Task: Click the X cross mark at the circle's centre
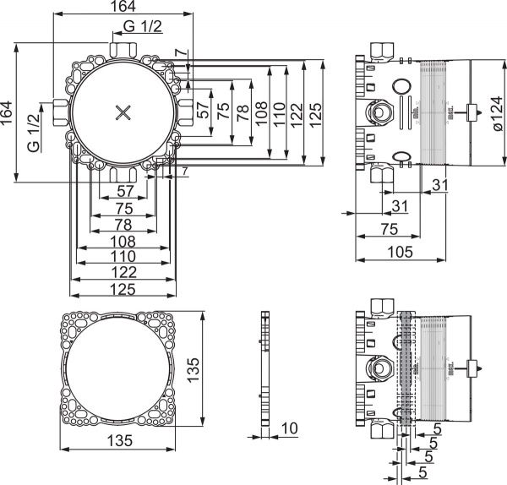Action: click(123, 112)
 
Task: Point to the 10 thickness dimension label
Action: click(288, 428)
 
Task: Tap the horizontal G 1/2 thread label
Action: click(143, 27)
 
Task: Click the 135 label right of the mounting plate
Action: click(194, 369)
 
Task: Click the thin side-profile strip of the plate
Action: click(264, 369)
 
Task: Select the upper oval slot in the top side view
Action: click(401, 86)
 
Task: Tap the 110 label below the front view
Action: click(123, 254)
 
